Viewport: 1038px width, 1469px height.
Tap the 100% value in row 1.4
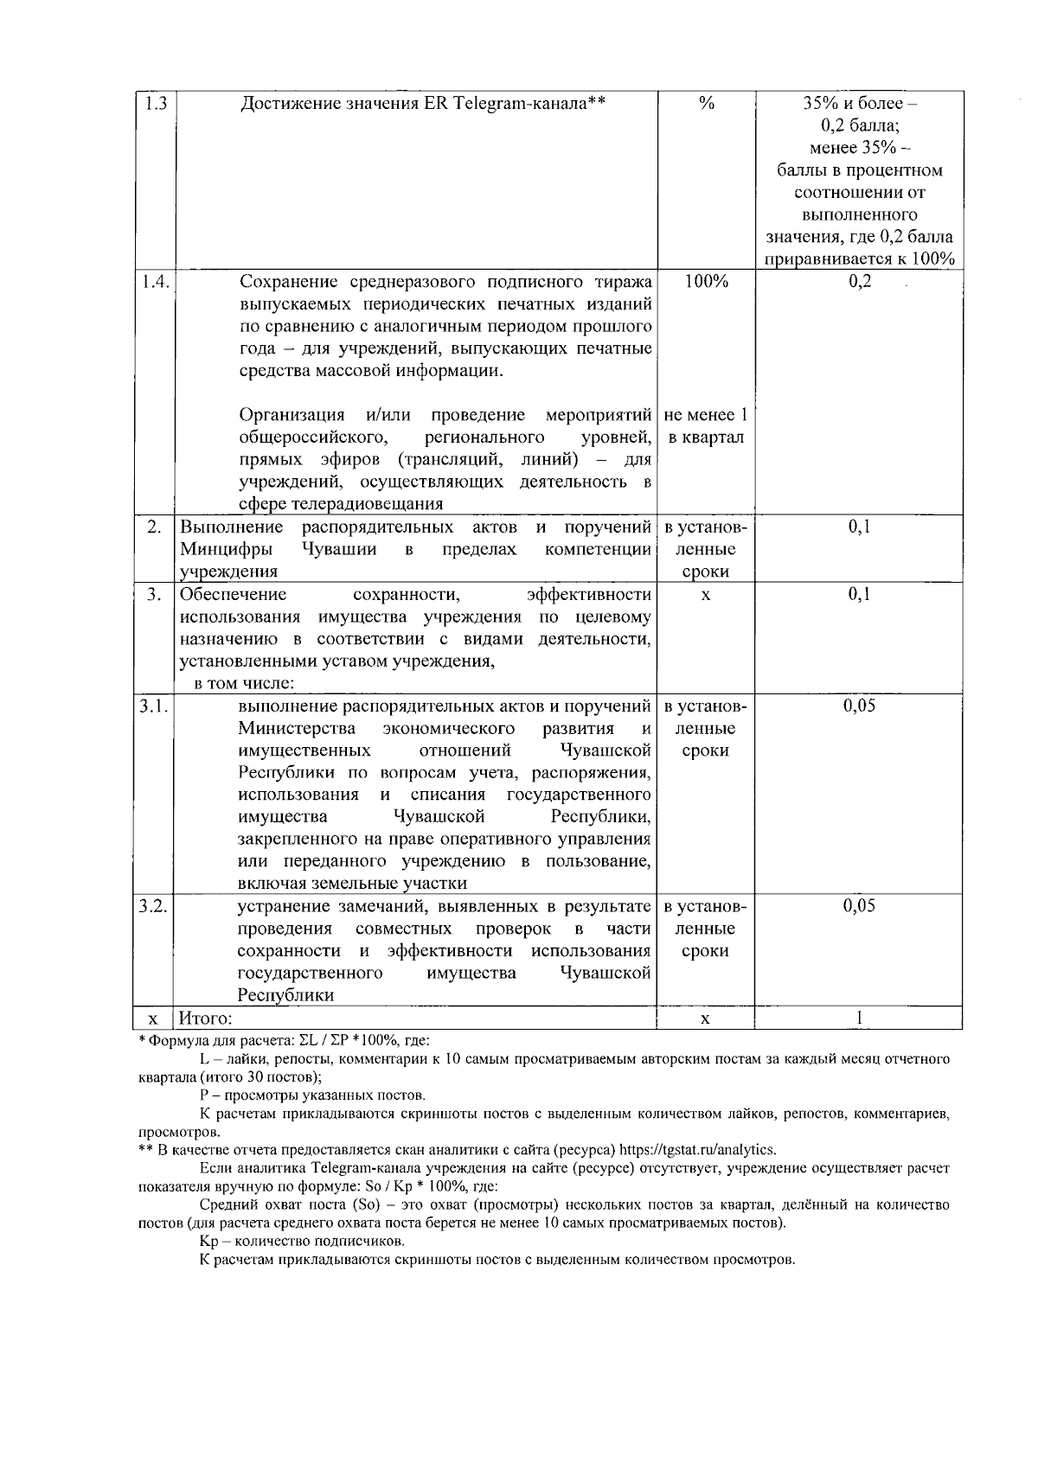tap(706, 282)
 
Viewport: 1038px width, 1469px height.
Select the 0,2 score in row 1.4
tap(859, 282)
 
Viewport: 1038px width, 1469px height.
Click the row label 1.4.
tap(157, 282)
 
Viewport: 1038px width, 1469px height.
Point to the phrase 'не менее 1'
tap(706, 415)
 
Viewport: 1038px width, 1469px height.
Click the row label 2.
tap(154, 527)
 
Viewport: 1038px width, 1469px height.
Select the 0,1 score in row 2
tap(859, 527)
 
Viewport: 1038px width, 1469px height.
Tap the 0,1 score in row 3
tap(859, 594)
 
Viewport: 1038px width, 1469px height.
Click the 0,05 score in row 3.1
tap(859, 706)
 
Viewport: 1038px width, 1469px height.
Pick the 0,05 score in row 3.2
tap(859, 905)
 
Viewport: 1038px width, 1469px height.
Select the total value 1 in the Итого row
tap(859, 1019)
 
